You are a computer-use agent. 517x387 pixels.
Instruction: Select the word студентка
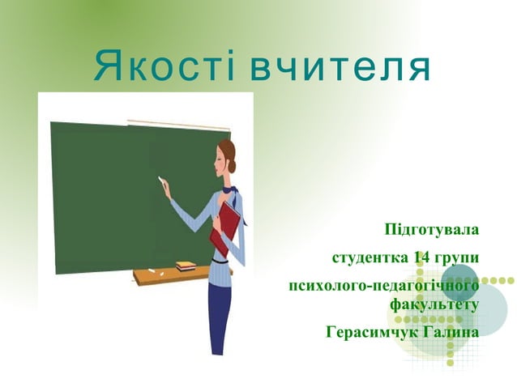370,257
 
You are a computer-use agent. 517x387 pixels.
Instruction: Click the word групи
456,257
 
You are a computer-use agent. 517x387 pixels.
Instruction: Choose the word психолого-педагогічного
383,286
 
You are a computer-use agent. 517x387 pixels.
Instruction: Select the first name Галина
451,332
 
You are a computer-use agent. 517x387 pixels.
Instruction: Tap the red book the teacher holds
226,226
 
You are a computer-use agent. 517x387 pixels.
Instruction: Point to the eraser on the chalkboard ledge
186,264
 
